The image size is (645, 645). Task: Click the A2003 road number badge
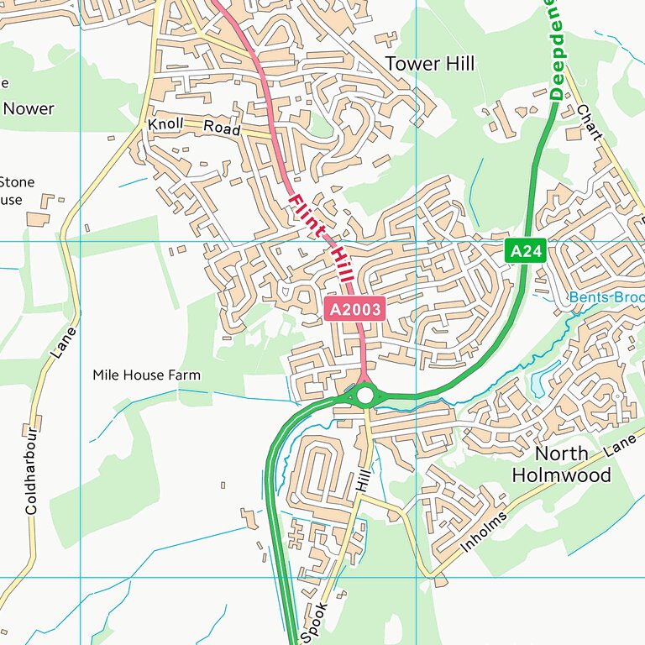354,310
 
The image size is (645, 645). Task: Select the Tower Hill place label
429,64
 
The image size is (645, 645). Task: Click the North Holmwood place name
574,464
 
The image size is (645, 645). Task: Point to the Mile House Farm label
147,375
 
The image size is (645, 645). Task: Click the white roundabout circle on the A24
364,394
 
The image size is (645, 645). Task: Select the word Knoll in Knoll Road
165,124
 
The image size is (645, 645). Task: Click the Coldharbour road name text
31,470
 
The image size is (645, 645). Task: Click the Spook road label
312,622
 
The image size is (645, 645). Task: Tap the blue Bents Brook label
606,297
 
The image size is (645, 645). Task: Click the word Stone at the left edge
17,181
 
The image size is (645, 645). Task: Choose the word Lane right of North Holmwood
620,448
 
